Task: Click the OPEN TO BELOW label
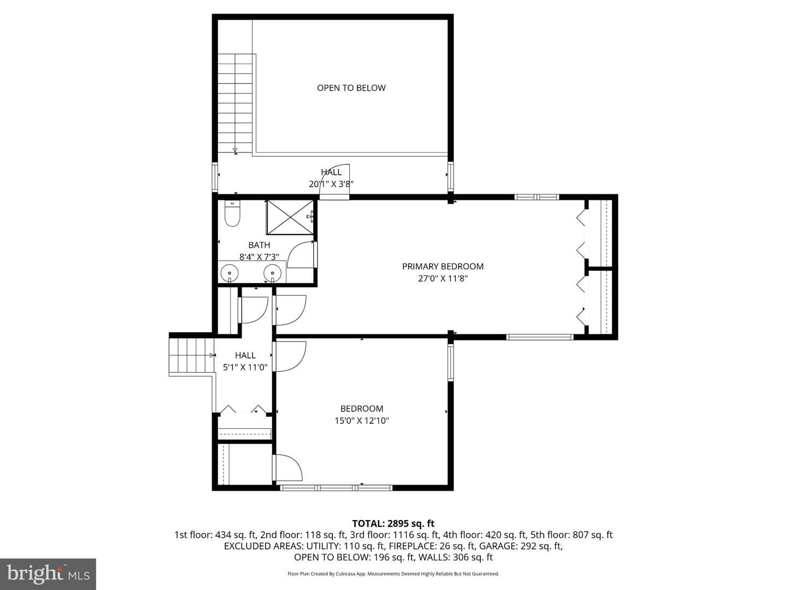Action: pyautogui.click(x=351, y=88)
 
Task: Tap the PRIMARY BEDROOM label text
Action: pyautogui.click(x=443, y=266)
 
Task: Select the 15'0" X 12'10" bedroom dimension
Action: pyautogui.click(x=362, y=420)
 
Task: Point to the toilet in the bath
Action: pyautogui.click(x=232, y=214)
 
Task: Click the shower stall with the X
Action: pyautogui.click(x=290, y=217)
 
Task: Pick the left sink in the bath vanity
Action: pyautogui.click(x=229, y=273)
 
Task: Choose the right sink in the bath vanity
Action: pyautogui.click(x=273, y=273)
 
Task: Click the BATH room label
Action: pyautogui.click(x=259, y=245)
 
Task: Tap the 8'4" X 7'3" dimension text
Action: pyautogui.click(x=259, y=257)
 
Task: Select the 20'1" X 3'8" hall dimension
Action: pyautogui.click(x=331, y=184)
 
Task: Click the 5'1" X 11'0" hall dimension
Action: pyautogui.click(x=245, y=367)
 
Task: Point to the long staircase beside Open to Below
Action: pyautogui.click(x=236, y=104)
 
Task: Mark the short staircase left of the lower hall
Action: pyautogui.click(x=191, y=355)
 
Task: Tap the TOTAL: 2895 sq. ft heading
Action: pyautogui.click(x=393, y=523)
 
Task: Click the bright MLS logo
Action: pyautogui.click(x=48, y=574)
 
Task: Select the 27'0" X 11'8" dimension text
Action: pyautogui.click(x=443, y=278)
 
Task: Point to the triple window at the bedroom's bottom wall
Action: pyautogui.click(x=336, y=487)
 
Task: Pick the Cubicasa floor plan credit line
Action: pyautogui.click(x=393, y=574)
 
